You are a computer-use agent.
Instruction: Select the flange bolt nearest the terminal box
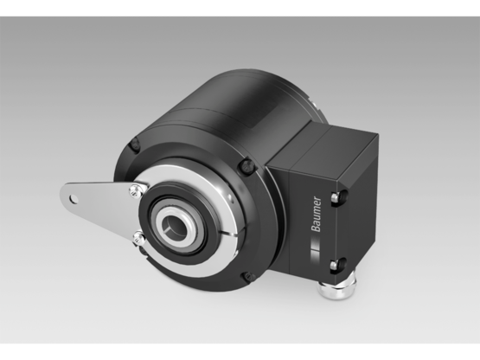click(249, 162)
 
